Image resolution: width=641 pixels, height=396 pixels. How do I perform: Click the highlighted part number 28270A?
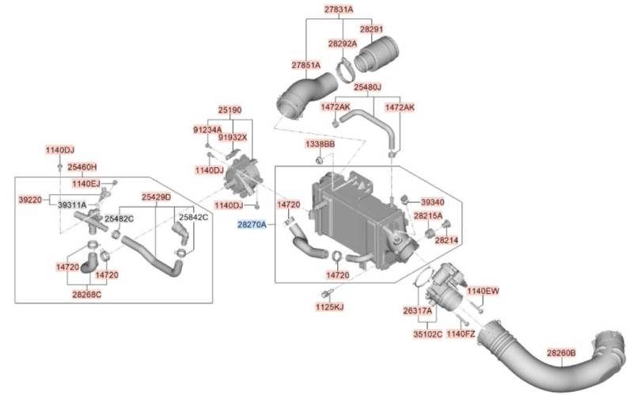[x=252, y=224]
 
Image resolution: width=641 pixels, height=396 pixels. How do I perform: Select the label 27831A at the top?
[x=339, y=9]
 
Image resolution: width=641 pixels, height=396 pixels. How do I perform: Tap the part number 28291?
[x=371, y=29]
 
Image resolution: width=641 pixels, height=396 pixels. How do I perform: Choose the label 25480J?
[x=367, y=87]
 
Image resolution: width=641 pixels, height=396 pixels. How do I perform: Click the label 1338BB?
[x=320, y=144]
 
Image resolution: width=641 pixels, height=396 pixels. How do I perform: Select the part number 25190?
[x=229, y=109]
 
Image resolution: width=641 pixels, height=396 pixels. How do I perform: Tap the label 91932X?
[x=232, y=137]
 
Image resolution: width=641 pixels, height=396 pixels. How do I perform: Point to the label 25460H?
[x=82, y=167]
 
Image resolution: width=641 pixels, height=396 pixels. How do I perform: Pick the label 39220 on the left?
[x=30, y=200]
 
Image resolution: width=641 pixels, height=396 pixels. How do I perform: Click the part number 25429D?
[x=156, y=196]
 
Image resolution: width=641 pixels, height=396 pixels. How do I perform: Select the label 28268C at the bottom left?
[x=87, y=294]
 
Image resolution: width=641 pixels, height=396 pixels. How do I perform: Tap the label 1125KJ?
[x=329, y=307]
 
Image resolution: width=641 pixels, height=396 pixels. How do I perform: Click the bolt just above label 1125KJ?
[x=326, y=293]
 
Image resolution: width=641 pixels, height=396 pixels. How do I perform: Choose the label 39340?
[x=433, y=202]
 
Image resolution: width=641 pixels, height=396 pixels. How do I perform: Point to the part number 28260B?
[x=561, y=352]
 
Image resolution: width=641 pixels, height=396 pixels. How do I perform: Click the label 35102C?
[x=427, y=333]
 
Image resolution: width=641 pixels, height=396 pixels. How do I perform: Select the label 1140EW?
[x=484, y=291]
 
